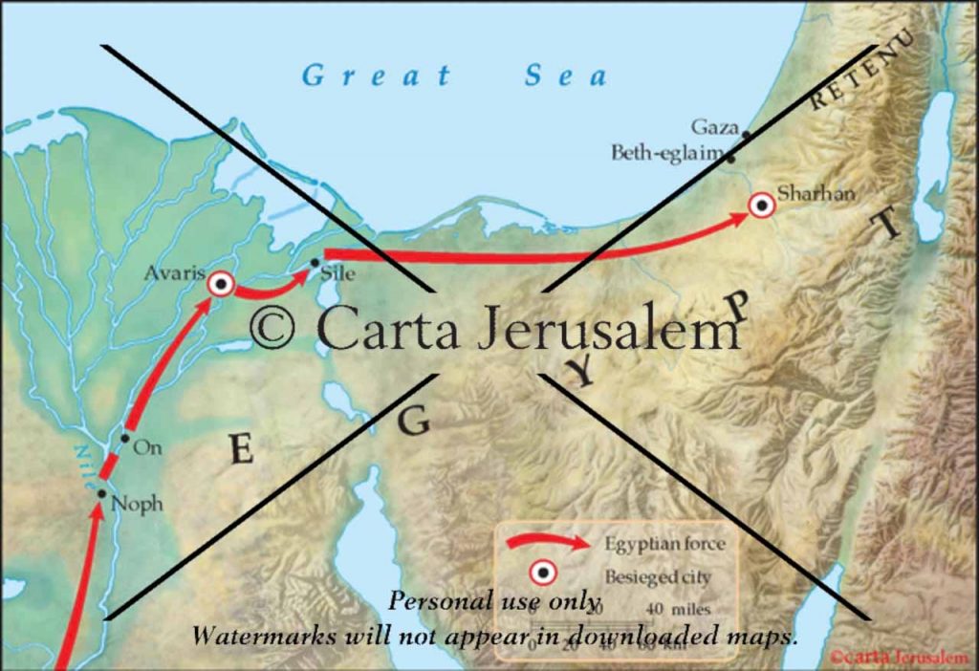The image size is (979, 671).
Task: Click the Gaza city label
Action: tap(714, 127)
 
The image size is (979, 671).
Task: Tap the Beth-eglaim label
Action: tap(667, 152)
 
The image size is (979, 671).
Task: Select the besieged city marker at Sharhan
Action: tap(762, 205)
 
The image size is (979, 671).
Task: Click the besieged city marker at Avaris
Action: tap(221, 284)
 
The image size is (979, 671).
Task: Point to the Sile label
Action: tap(340, 274)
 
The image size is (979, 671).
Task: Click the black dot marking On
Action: tap(124, 439)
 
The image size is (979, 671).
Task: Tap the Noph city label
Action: tap(137, 504)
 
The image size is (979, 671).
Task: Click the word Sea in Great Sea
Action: tap(565, 76)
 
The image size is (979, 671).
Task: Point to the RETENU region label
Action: tap(861, 71)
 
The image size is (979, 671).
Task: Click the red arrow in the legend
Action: tap(548, 543)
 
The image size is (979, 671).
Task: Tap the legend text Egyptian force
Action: tap(664, 544)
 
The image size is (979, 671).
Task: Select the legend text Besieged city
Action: tap(657, 577)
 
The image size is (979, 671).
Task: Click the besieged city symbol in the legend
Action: tap(544, 573)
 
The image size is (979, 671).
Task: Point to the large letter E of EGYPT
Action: tap(242, 449)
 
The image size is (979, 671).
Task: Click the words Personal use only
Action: tap(494, 601)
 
